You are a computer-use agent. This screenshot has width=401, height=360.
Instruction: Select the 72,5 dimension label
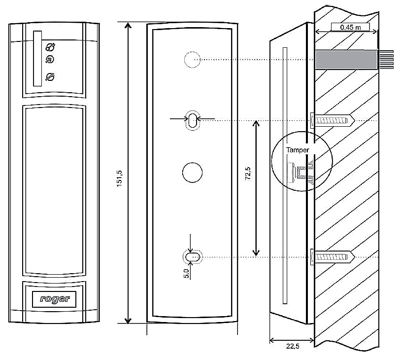coord(248,175)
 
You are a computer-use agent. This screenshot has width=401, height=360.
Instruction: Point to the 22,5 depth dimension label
coord(292,347)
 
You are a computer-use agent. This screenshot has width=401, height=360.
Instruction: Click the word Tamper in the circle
coord(298,149)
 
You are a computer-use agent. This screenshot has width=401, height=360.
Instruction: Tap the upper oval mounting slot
coord(192,119)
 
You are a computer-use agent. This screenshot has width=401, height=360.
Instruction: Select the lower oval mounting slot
coord(192,256)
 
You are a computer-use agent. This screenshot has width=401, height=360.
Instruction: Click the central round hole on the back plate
coord(192,173)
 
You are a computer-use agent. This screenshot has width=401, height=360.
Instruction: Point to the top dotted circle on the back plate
coord(192,60)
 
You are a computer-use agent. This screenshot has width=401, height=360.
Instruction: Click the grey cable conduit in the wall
coord(346,60)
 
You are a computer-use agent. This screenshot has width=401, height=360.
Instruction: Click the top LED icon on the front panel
coord(49,47)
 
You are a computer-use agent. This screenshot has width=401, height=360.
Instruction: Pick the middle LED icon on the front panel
coord(49,60)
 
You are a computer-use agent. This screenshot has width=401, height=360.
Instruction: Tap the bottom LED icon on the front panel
coord(49,76)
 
